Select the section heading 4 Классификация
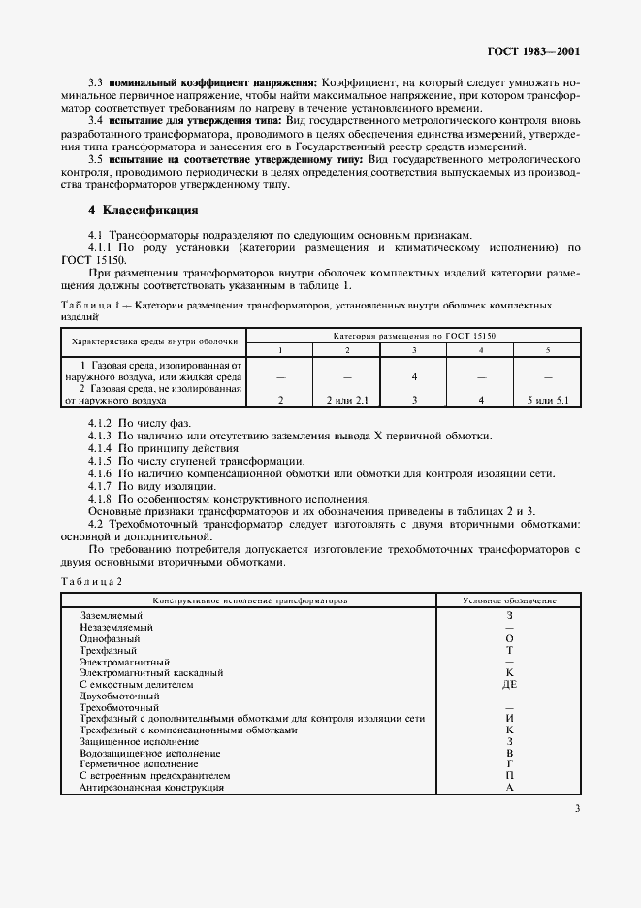coord(144,211)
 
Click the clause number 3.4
coord(96,120)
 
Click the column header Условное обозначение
coord(509,601)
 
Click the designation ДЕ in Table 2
coord(509,684)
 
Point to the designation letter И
coord(509,719)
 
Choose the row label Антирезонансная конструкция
coord(152,787)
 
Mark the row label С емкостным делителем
coord(137,684)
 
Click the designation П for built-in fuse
coord(509,776)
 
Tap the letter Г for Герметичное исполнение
coord(509,764)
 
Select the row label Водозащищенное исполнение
coord(150,753)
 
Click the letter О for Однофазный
coord(509,638)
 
